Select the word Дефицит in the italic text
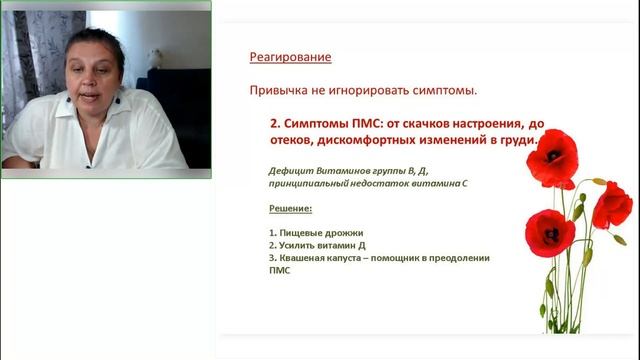(x=279, y=170)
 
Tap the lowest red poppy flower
(x=549, y=231)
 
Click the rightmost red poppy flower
(x=611, y=205)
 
